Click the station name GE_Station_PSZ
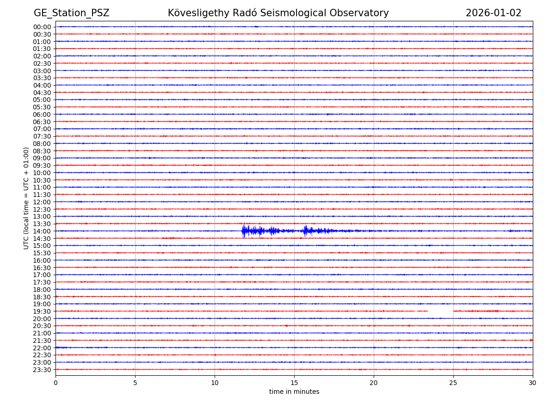coord(71,13)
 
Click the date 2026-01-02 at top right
coord(493,13)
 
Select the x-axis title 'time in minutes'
coord(294,392)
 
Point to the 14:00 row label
coord(42,231)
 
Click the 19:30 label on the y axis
coord(42,311)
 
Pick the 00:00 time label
coord(42,27)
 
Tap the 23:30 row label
coord(42,370)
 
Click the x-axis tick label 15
coord(294,383)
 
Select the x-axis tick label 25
coord(453,383)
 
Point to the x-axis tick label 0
coord(55,383)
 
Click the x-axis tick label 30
coord(533,383)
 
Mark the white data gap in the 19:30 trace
coord(440,311)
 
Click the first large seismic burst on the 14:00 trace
coord(252,231)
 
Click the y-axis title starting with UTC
coord(26,198)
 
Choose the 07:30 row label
coord(42,136)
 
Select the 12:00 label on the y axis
coord(42,202)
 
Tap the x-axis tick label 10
coord(215,383)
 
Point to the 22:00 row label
coord(42,348)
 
